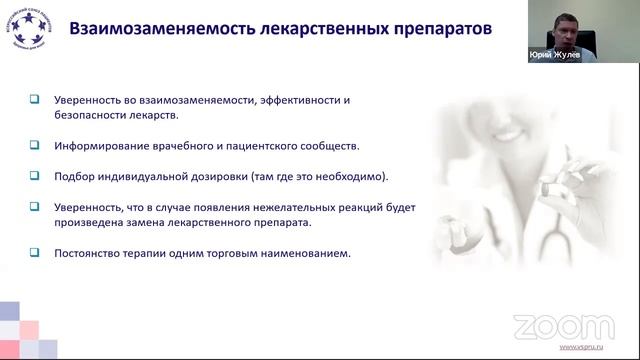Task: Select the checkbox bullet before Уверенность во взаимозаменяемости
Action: (x=34, y=100)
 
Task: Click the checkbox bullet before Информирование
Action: (x=34, y=145)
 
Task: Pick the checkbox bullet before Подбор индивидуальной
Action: (x=34, y=176)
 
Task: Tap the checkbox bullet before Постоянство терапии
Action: (x=34, y=254)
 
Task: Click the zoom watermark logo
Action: (x=549, y=326)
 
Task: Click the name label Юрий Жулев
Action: (x=554, y=56)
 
